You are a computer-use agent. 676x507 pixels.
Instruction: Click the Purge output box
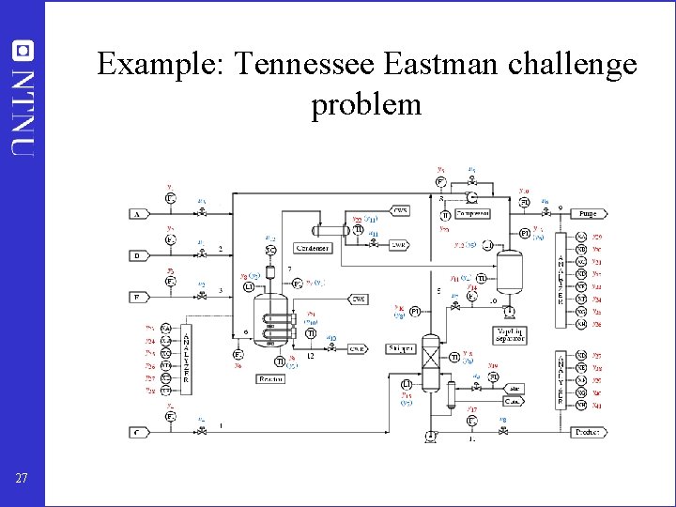click(588, 214)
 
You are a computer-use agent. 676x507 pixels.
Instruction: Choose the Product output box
click(588, 432)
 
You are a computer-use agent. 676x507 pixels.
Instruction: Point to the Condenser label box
click(312, 248)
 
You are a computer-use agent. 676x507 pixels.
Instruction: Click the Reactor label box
click(271, 378)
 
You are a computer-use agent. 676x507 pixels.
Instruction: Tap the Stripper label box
click(402, 348)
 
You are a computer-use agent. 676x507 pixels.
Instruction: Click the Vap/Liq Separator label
click(510, 334)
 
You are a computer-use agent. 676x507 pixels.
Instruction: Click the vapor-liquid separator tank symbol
click(510, 273)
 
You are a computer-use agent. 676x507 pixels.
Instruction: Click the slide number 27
click(23, 479)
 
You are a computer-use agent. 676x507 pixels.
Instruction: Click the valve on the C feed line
click(203, 432)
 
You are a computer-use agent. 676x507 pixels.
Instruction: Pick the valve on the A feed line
click(203, 214)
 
